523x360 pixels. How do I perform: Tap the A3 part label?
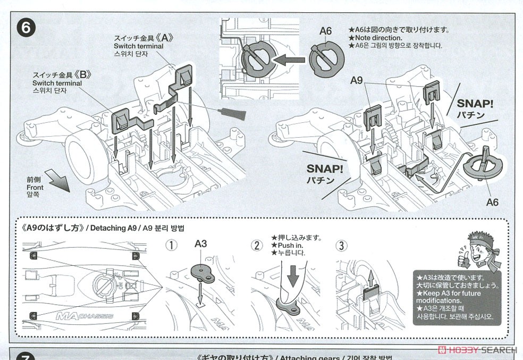point(200,244)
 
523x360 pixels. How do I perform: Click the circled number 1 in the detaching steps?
point(171,245)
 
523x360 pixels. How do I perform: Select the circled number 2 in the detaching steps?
point(257,245)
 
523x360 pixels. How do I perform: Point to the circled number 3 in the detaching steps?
point(341,245)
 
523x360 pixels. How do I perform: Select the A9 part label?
point(357,81)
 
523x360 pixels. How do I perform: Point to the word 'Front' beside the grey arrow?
point(35,187)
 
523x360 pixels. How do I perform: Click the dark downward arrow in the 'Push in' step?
point(292,276)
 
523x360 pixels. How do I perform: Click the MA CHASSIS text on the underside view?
point(85,316)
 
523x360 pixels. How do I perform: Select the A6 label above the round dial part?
point(325,31)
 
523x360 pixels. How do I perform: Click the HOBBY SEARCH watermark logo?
point(476,350)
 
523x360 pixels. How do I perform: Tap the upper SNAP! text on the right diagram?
point(475,103)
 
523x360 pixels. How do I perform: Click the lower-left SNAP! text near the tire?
point(325,169)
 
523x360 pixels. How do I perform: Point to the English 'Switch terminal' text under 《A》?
point(139,46)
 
